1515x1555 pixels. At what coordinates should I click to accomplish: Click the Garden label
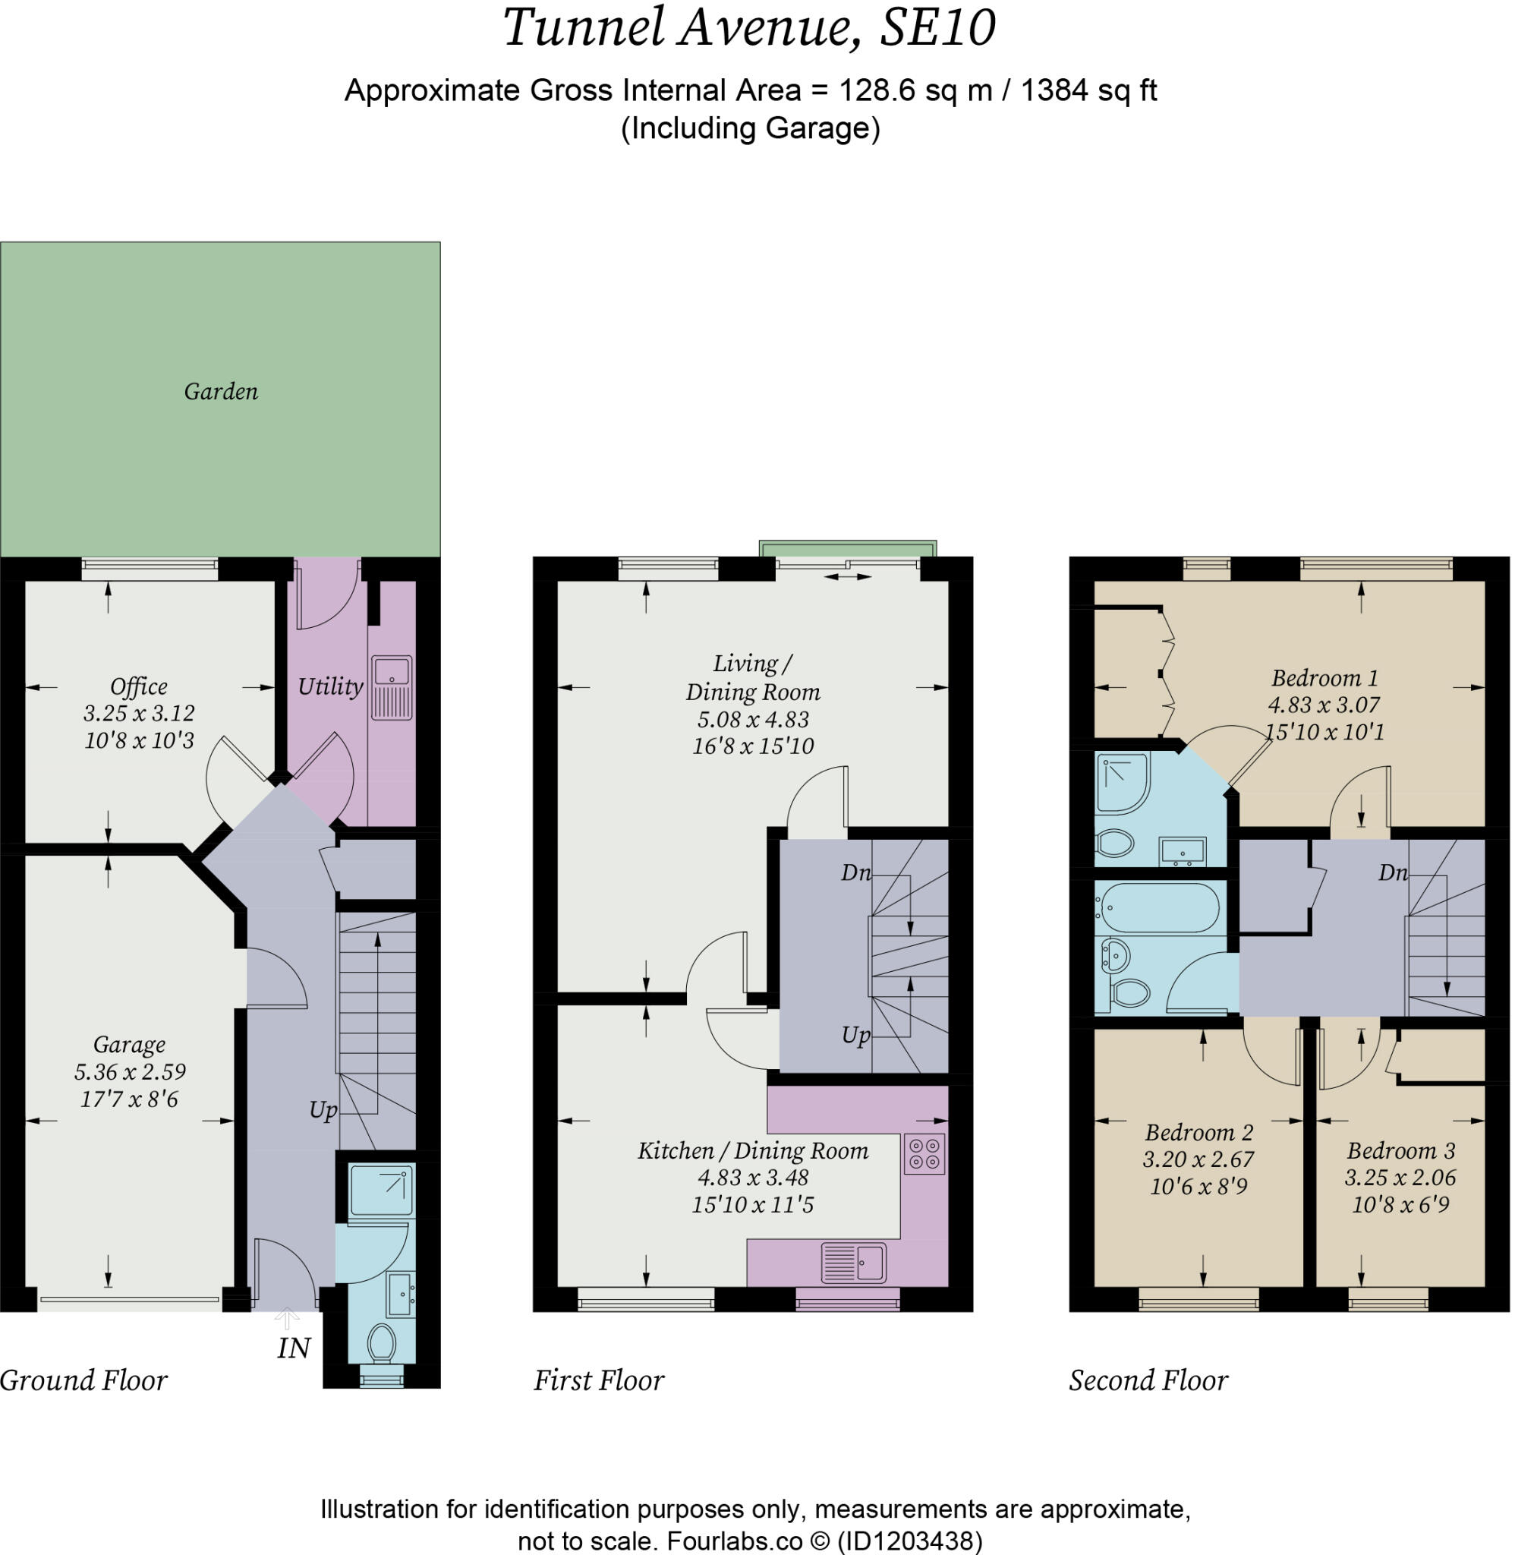click(221, 392)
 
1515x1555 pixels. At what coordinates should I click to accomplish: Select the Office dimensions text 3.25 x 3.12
click(139, 713)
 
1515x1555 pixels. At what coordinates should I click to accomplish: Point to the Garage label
click(129, 1044)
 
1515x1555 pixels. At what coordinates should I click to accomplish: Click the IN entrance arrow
click(287, 1320)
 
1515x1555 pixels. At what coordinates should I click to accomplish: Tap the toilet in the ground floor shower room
click(382, 1342)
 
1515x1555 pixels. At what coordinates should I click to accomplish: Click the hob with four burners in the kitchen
click(924, 1154)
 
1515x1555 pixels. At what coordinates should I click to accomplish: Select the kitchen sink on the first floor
click(854, 1263)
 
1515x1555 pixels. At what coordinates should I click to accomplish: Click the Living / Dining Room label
click(753, 677)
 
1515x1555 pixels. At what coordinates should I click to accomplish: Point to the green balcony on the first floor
click(847, 549)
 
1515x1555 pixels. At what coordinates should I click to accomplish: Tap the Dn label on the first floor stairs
click(856, 873)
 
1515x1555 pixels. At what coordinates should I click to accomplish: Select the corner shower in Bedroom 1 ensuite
click(1122, 783)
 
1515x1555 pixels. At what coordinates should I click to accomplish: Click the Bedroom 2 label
click(1199, 1132)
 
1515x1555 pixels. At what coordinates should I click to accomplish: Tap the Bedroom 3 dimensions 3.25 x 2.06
click(1400, 1177)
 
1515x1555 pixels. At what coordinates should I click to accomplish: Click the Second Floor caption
click(1148, 1380)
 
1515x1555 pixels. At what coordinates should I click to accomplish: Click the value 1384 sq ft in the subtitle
click(1088, 90)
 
